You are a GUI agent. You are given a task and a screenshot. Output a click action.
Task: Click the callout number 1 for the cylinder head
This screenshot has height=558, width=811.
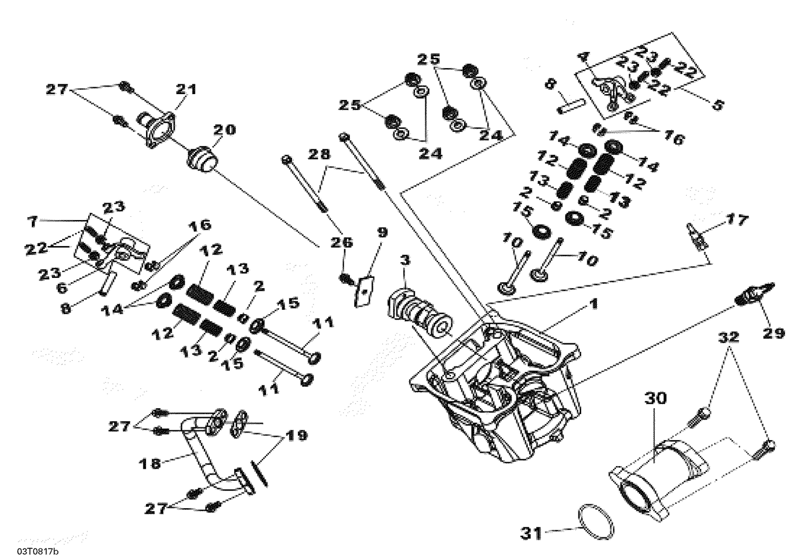coord(593,305)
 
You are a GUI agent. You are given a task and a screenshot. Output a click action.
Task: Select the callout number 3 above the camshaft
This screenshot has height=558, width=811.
coord(405,261)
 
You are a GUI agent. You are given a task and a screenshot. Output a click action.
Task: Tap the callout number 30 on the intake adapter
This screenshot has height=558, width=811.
coord(655,399)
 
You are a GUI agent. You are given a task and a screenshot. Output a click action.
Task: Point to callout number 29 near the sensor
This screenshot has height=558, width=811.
coord(773,333)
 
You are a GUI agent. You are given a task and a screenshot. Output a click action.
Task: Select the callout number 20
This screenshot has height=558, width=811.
coord(224,130)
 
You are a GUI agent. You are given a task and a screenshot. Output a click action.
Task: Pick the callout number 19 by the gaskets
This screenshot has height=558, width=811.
coord(297,435)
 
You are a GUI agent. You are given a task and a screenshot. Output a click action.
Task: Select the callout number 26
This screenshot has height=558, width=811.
coord(342,243)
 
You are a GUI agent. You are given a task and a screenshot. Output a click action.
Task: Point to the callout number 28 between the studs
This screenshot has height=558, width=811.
coord(318,155)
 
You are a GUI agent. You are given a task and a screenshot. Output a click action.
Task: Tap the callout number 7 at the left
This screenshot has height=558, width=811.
coord(33,222)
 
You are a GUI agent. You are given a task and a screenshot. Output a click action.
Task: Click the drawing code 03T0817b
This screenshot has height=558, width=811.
coord(37,551)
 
